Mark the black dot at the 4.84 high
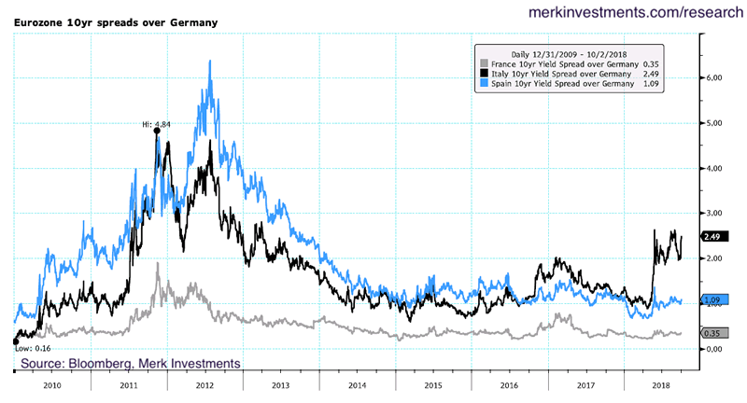tap(156, 132)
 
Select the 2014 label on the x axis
tap(356, 383)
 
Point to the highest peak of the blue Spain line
tap(209, 62)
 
